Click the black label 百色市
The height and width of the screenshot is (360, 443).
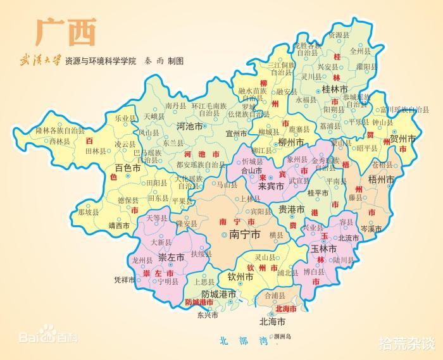point(128,168)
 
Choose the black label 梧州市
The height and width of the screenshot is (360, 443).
point(382,180)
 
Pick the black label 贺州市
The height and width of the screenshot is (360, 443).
point(402,138)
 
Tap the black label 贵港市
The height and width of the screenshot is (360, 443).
point(292,209)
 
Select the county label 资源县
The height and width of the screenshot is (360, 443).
point(339,35)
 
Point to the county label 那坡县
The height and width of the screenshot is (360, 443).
point(88,213)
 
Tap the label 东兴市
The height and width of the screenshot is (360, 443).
point(208,314)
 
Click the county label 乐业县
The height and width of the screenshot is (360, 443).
point(125,118)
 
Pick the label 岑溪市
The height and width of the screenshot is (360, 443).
point(373,228)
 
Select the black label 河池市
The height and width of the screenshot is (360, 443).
point(189,127)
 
